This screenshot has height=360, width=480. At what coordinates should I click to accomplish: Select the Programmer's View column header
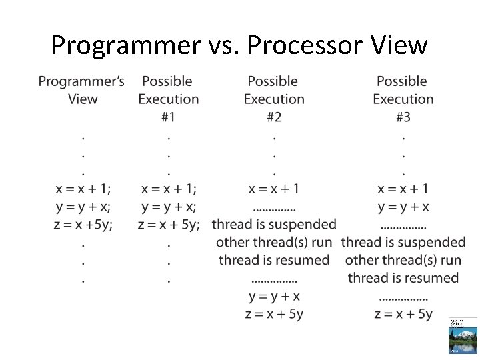click(81, 90)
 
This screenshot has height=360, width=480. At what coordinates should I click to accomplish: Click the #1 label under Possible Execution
click(168, 117)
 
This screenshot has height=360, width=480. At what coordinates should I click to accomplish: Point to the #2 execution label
click(273, 117)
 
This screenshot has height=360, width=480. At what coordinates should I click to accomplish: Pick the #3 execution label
click(403, 117)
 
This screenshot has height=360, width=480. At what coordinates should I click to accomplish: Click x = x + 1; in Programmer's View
click(83, 189)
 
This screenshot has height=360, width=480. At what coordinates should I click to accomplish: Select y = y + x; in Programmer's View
click(83, 207)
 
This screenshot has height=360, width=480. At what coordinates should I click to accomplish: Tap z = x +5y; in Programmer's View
click(83, 225)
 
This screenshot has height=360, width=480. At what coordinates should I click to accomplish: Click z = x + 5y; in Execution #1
click(169, 225)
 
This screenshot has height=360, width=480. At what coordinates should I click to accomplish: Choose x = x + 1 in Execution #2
click(273, 189)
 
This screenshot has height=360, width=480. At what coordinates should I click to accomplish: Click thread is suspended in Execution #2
click(274, 225)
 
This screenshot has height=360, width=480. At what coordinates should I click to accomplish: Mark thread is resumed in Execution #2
click(274, 260)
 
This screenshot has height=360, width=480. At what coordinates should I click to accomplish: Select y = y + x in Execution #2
click(273, 296)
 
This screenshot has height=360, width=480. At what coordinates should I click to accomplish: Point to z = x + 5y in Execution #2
click(273, 314)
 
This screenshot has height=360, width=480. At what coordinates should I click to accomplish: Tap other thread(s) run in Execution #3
click(403, 260)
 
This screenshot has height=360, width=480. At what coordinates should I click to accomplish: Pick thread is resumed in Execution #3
click(403, 278)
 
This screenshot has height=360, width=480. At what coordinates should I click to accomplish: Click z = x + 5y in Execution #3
click(403, 314)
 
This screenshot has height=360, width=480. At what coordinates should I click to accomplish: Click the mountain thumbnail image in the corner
click(463, 335)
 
